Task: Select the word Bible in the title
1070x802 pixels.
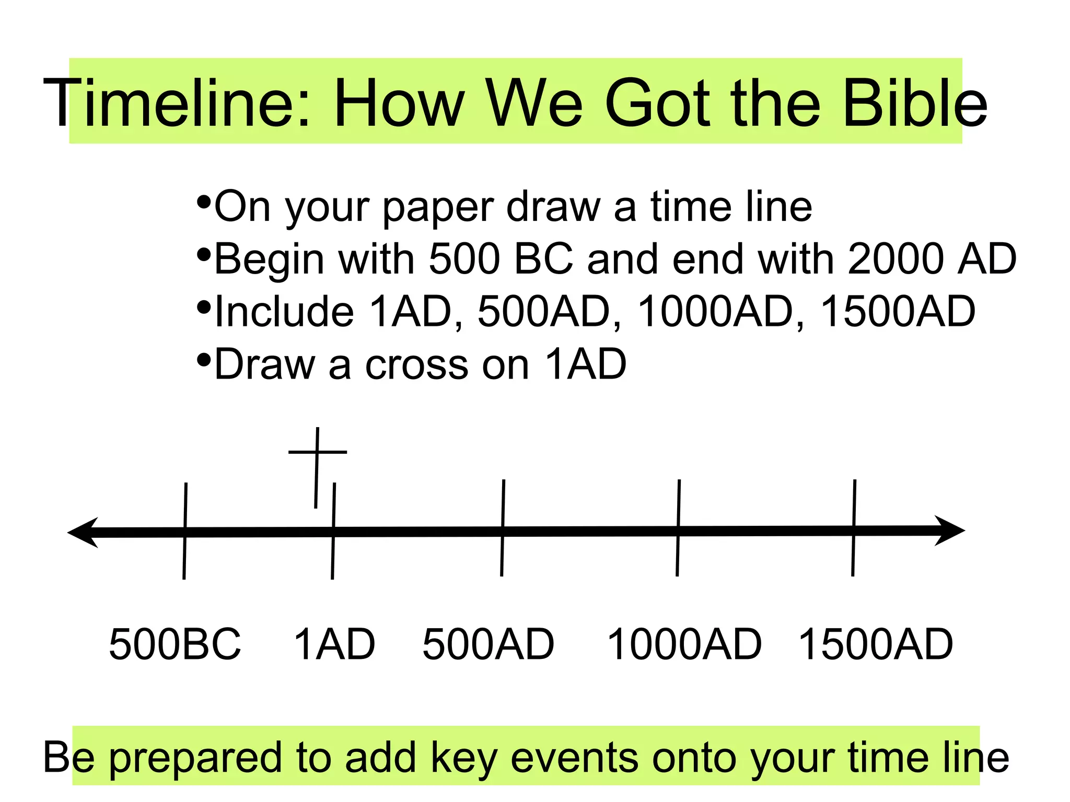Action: [x=914, y=103]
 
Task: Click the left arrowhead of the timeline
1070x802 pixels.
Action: [x=84, y=533]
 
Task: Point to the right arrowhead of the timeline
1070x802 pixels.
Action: [x=948, y=531]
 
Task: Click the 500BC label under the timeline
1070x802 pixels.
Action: [x=175, y=644]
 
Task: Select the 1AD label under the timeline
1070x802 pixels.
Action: [x=334, y=644]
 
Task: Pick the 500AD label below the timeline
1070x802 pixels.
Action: [x=488, y=644]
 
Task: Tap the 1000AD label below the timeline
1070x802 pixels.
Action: [x=684, y=644]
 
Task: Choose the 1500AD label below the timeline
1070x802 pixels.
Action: [x=876, y=644]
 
